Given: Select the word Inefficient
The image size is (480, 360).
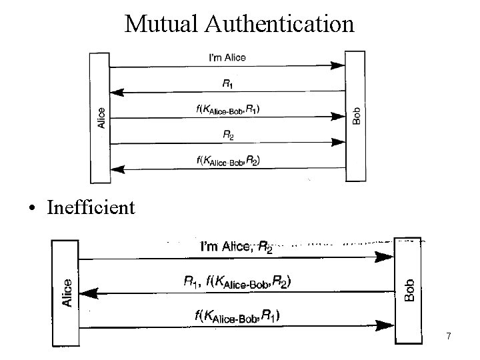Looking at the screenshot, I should (x=91, y=207).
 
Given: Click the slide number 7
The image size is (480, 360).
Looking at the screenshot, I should (x=449, y=337).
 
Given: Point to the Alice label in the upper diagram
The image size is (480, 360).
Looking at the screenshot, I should (x=100, y=117).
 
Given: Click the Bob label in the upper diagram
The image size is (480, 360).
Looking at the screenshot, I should (x=356, y=117).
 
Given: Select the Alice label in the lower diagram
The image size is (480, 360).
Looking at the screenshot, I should (x=67, y=293).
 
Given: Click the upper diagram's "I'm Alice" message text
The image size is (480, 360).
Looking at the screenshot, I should (x=227, y=57).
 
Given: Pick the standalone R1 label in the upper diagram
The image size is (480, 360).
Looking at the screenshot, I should (x=227, y=83).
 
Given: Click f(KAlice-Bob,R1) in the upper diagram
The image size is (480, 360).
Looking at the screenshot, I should (x=227, y=109).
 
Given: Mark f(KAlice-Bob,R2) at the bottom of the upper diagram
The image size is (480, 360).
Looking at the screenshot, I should (x=227, y=159).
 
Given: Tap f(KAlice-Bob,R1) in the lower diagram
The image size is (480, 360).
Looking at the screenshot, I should (x=237, y=316).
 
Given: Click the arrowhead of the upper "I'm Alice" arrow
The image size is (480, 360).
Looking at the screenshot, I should (x=339, y=66).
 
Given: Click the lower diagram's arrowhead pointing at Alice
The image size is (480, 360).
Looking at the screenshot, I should (x=88, y=292).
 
